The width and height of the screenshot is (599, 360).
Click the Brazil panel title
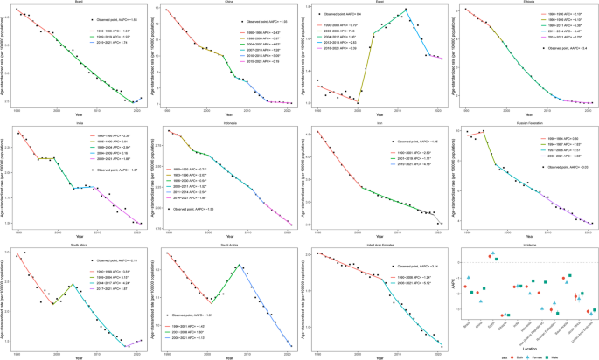[75, 3]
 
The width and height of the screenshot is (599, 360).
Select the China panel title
[225, 3]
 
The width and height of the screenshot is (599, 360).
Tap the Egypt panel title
[375, 3]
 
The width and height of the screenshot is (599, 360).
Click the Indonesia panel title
[225, 126]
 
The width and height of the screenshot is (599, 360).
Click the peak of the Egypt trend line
[406, 10]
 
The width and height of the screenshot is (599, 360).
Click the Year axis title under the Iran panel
[375, 235]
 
